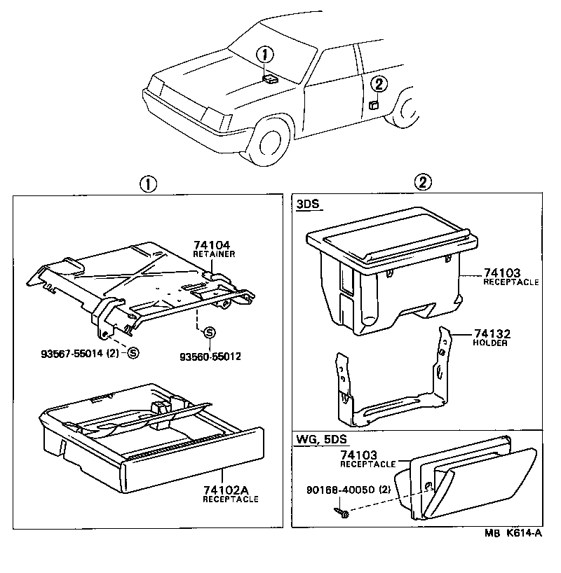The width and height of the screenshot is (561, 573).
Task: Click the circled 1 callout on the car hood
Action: (x=264, y=54)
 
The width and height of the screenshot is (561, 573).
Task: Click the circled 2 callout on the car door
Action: (x=378, y=85)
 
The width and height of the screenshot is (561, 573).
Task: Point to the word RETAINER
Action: (x=214, y=254)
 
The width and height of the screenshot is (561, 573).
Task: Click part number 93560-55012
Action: (x=209, y=356)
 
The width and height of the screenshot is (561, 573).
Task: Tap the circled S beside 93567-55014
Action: (x=133, y=353)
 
